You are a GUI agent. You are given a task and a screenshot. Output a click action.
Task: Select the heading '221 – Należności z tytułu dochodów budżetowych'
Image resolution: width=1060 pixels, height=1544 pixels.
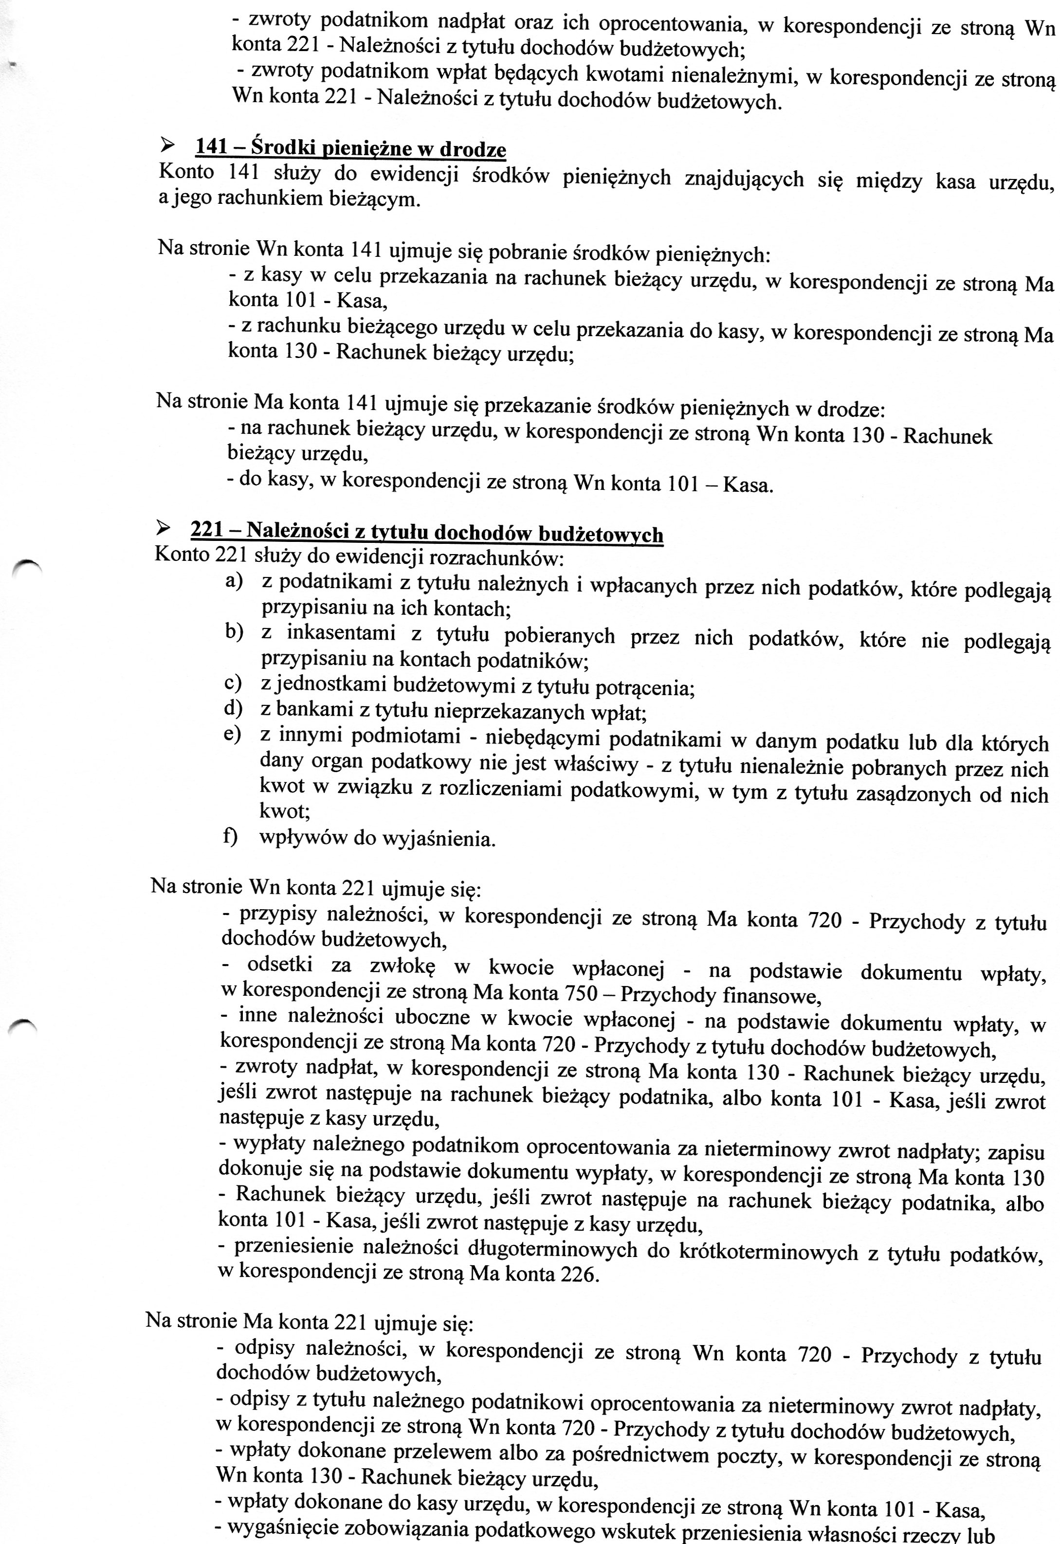(x=427, y=532)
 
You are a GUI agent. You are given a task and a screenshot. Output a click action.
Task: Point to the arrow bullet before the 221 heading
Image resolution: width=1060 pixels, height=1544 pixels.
(x=162, y=528)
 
